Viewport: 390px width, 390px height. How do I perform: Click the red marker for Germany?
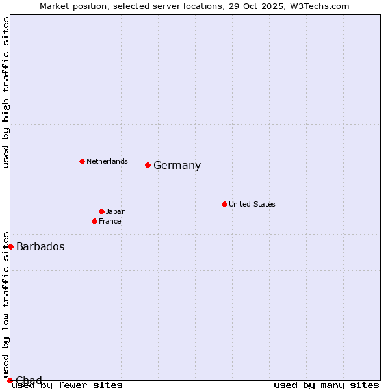point(148,165)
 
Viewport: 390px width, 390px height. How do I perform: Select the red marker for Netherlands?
point(82,161)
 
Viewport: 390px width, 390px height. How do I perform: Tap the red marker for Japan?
point(102,211)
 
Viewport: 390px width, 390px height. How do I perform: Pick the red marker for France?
point(95,221)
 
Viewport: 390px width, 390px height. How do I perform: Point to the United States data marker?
point(224,204)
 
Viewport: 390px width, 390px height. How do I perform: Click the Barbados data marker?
point(10,246)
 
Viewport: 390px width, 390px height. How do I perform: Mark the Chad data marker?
point(10,380)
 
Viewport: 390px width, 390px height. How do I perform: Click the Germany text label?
point(177,166)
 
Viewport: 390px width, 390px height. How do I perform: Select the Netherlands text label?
point(107,161)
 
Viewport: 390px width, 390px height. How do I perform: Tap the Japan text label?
point(116,211)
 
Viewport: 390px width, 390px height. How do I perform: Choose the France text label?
point(110,221)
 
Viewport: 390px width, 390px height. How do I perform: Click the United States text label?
point(252,204)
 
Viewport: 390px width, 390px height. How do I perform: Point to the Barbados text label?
point(40,247)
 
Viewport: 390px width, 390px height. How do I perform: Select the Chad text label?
point(29,380)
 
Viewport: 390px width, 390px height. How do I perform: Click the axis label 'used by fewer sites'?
point(67,385)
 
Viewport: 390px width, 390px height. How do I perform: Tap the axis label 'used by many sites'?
point(326,385)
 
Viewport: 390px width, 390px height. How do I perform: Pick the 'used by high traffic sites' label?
point(6,92)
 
